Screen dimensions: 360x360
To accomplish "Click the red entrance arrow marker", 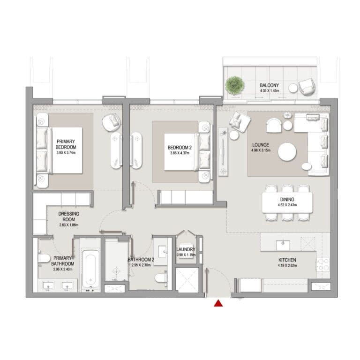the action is (218, 303).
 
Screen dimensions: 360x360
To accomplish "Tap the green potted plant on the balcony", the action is (234, 85).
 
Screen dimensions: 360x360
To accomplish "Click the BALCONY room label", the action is (270, 85).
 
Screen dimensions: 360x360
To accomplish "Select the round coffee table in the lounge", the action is (287, 151).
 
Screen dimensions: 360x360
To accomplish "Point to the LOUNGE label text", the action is (261, 145).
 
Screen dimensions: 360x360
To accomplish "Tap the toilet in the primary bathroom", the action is (44, 259).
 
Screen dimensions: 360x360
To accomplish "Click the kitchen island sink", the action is (283, 245).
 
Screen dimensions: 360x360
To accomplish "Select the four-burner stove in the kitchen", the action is (323, 264).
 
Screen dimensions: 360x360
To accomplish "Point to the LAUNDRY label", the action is (186, 249).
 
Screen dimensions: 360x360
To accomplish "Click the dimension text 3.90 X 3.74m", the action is (66, 152).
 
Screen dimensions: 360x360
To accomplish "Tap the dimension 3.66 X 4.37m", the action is (180, 153).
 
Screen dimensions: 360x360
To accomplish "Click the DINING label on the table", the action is (287, 200).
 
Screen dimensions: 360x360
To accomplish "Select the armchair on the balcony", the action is (307, 87).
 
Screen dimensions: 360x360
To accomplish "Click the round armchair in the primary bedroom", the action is (112, 123).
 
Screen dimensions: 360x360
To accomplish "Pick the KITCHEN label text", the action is (287, 260).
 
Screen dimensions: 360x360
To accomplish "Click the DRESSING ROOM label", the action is (68, 217).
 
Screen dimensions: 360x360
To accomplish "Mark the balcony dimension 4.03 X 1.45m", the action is (270, 90).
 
